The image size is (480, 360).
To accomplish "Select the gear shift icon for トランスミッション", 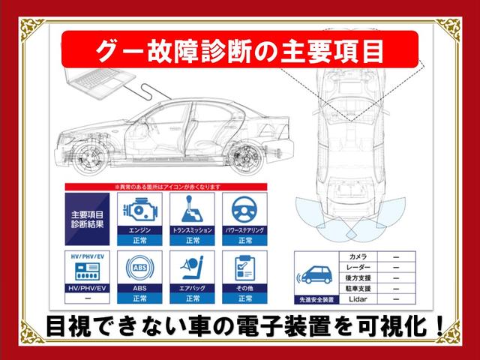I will tap(192, 209).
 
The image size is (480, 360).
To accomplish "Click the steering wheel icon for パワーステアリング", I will tap(244, 209).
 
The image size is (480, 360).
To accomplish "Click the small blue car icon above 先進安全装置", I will tap(315, 274).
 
